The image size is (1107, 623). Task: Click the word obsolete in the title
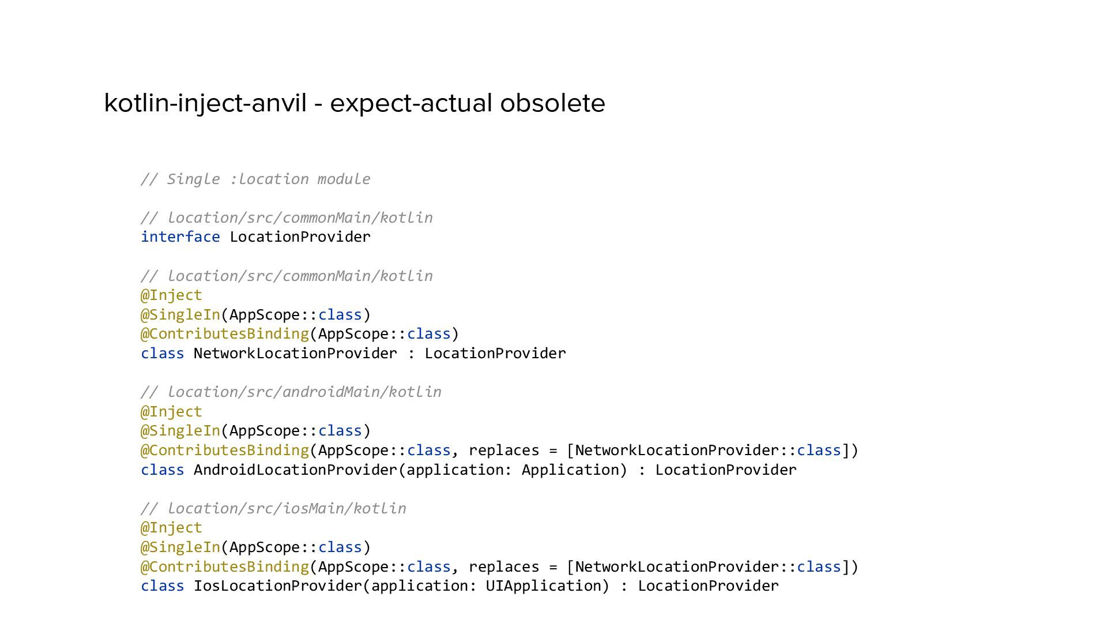(x=552, y=103)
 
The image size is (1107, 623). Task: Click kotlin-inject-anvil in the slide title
(x=205, y=103)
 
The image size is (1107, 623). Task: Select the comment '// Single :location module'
(x=255, y=179)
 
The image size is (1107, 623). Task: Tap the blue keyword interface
(x=180, y=237)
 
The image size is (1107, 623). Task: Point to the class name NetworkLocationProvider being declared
(x=295, y=353)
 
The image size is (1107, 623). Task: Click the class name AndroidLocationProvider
(x=295, y=470)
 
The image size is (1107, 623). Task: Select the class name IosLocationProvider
(x=277, y=586)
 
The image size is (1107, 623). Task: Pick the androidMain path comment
(x=291, y=392)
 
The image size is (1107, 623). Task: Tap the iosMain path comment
(x=273, y=508)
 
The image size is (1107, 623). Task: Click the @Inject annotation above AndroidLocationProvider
(x=171, y=411)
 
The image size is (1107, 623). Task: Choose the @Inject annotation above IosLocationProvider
(x=171, y=527)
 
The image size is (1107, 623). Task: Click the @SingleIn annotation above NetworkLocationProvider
(x=180, y=314)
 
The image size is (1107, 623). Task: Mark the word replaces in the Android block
(x=503, y=450)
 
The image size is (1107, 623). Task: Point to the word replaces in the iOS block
(x=503, y=566)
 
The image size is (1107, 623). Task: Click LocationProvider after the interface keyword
(x=300, y=237)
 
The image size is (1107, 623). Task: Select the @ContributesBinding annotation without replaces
(x=225, y=333)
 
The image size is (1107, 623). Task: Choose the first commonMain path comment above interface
(x=287, y=217)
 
